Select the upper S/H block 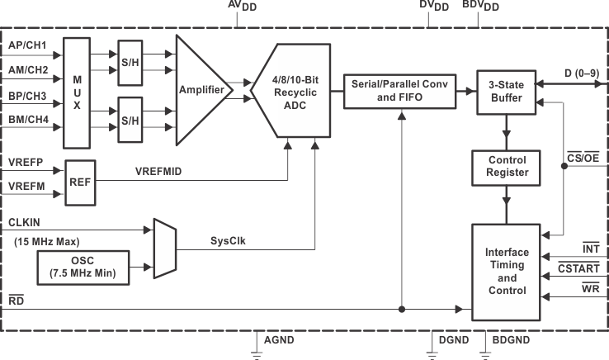129,63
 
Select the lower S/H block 129,119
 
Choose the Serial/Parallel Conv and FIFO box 399,89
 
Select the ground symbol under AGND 257,354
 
